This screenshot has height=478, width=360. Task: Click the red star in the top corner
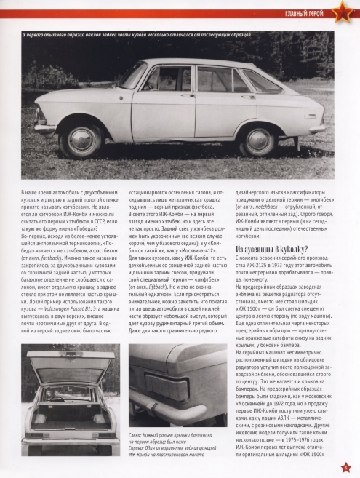point(342,12)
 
